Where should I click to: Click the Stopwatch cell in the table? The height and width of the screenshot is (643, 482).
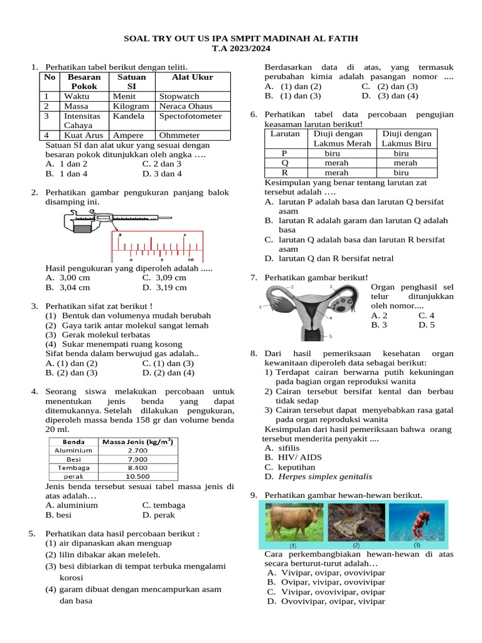click(x=179, y=96)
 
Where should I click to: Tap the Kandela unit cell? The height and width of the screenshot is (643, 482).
click(x=129, y=116)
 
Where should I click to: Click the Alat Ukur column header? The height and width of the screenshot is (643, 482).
click(x=193, y=77)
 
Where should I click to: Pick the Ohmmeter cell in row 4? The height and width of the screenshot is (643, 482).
click(x=179, y=135)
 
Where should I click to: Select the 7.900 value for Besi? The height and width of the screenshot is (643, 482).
click(x=137, y=459)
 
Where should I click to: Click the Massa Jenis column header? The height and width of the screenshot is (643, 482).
click(x=137, y=441)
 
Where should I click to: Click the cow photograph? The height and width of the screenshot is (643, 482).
click(x=293, y=521)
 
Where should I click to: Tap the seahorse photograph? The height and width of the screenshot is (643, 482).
click(x=416, y=521)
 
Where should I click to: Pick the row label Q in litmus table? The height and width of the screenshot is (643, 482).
click(x=285, y=163)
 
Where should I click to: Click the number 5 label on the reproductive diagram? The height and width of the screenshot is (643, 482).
click(x=331, y=337)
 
